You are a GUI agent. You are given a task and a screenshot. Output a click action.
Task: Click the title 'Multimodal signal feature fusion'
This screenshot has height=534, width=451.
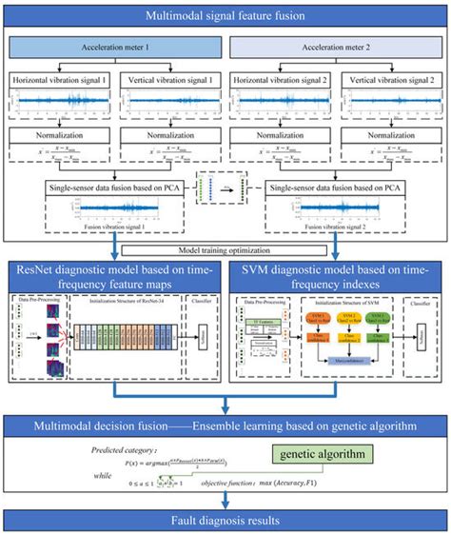point(225,17)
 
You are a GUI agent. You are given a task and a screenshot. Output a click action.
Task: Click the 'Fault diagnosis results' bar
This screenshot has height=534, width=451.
point(225,520)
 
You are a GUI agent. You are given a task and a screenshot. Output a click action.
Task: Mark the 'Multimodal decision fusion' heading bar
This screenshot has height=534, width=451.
point(225,425)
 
